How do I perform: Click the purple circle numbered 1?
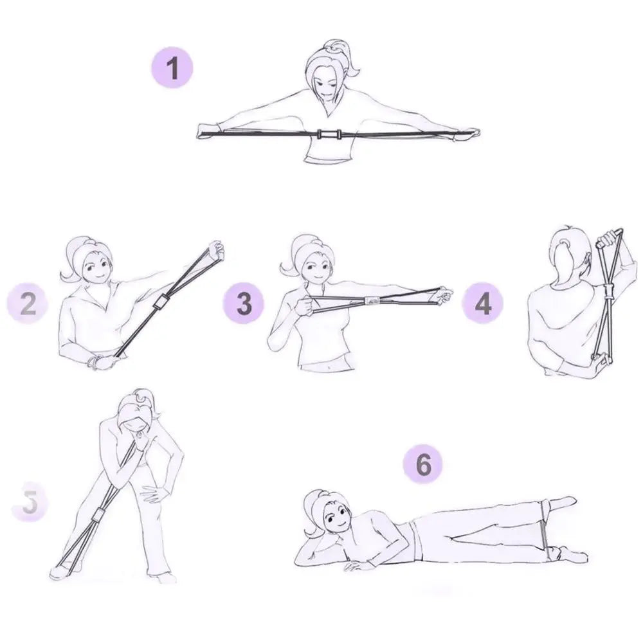(172, 68)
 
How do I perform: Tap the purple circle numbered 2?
(28, 304)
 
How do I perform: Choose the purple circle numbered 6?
(424, 464)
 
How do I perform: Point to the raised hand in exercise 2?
(215, 251)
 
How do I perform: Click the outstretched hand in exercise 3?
(442, 294)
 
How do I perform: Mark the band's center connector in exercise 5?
(100, 515)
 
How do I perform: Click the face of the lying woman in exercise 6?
(335, 517)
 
